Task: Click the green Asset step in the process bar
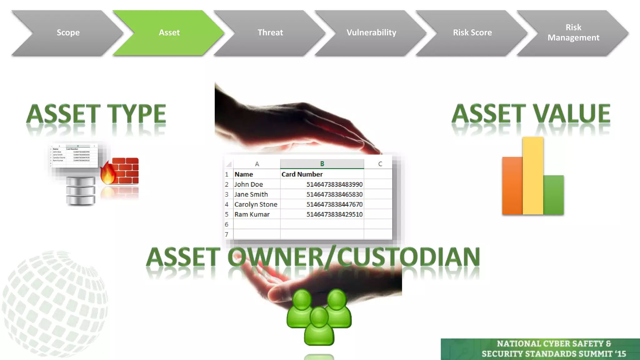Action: click(x=169, y=33)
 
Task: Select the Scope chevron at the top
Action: click(x=68, y=33)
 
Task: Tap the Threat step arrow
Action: click(x=270, y=33)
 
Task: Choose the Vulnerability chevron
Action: click(x=371, y=33)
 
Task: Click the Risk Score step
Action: click(x=472, y=33)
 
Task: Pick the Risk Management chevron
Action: click(x=573, y=33)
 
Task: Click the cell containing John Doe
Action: click(x=249, y=184)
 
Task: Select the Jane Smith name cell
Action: click(x=251, y=194)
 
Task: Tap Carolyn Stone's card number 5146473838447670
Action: click(x=334, y=204)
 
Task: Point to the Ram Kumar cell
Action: click(x=252, y=214)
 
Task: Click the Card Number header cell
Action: click(x=302, y=174)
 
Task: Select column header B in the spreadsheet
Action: click(x=322, y=164)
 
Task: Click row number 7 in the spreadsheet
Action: click(x=227, y=234)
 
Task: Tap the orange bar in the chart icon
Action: click(x=512, y=186)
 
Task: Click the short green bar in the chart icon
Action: click(x=553, y=195)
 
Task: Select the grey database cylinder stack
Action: click(x=81, y=191)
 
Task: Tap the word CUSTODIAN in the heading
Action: click(x=408, y=257)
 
